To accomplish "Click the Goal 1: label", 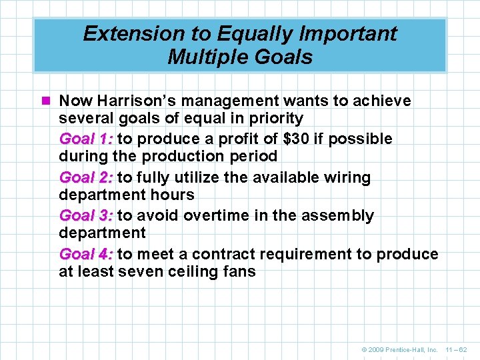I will tap(86, 139).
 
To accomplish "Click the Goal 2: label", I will tap(86, 178).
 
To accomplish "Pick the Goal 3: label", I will tap(86, 216).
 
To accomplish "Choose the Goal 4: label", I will tap(86, 255).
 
